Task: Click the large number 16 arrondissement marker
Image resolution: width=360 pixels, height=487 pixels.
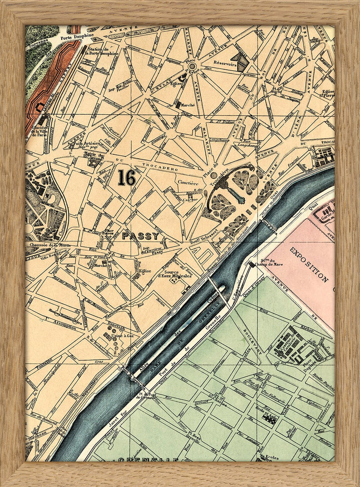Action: point(126,177)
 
